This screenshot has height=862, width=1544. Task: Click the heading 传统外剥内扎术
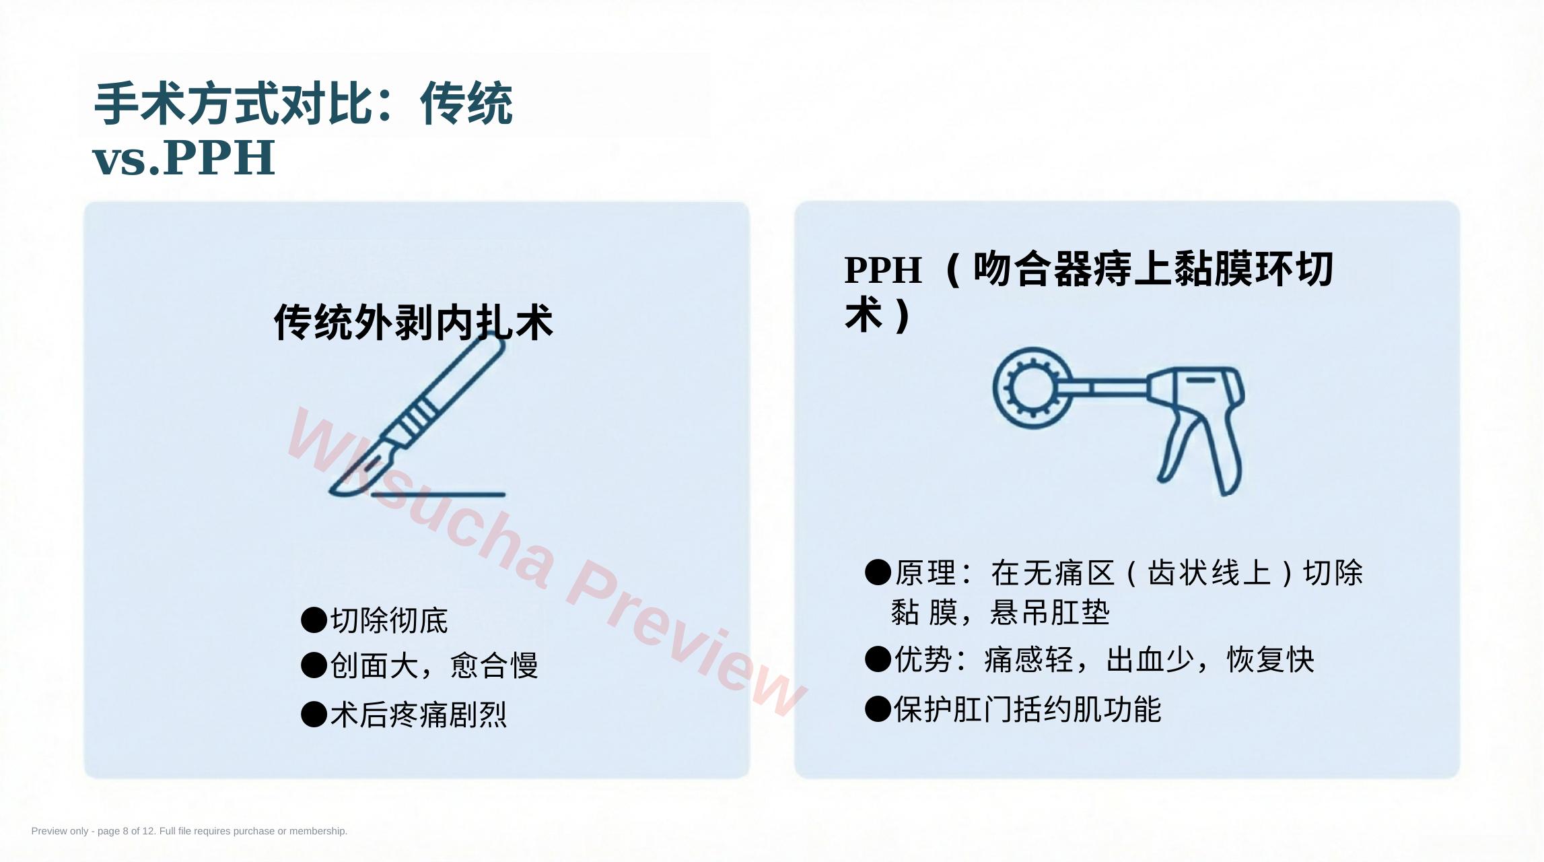click(413, 323)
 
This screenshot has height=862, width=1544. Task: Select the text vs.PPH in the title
click(184, 158)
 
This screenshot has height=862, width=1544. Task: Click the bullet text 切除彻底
click(389, 620)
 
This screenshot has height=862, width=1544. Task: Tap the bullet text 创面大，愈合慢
click(434, 665)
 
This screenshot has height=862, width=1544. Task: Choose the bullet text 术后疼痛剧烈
click(418, 715)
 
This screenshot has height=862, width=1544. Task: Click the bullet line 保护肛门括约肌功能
click(1027, 709)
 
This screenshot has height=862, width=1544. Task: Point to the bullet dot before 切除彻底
click(314, 620)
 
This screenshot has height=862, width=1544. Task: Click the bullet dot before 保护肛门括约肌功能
click(878, 709)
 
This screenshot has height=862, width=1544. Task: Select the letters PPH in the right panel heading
click(882, 270)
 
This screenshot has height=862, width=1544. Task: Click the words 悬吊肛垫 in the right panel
click(1050, 613)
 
